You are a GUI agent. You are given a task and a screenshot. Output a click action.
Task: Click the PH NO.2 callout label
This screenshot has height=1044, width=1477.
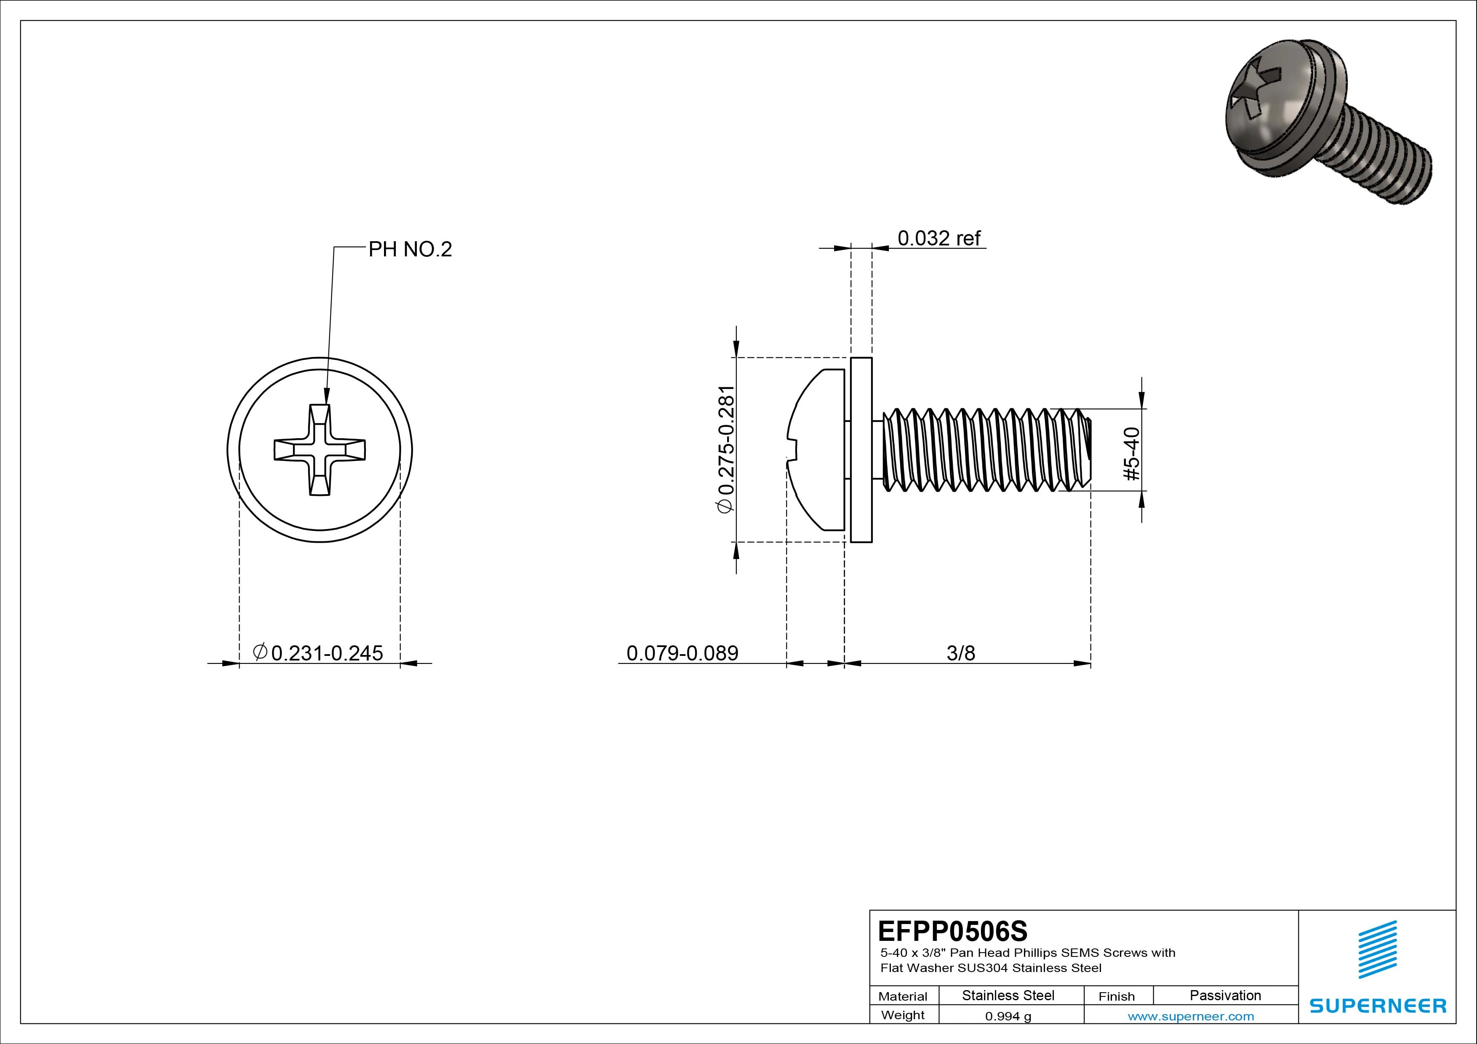tap(410, 250)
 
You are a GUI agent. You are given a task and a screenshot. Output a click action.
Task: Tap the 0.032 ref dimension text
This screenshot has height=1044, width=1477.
tap(938, 239)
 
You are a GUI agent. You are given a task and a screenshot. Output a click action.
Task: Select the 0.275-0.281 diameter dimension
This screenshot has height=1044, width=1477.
tap(725, 449)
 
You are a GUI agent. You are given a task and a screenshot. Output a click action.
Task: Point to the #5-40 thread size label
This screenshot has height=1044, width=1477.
tap(1132, 454)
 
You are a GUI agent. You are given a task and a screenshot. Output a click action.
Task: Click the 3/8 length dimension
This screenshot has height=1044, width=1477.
tap(960, 653)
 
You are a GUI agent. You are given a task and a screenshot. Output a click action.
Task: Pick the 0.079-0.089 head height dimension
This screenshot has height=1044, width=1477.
tap(682, 653)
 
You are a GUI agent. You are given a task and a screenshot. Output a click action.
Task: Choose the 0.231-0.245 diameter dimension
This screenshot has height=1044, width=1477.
tap(320, 653)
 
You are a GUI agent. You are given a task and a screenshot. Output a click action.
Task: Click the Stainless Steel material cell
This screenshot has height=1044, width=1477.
tap(1008, 996)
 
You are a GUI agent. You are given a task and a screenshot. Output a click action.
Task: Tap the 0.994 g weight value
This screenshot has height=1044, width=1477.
tap(1008, 1016)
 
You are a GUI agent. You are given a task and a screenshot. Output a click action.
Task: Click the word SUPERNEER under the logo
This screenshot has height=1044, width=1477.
tap(1377, 1005)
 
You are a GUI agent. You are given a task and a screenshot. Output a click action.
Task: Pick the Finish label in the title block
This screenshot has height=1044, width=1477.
tap(1116, 996)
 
